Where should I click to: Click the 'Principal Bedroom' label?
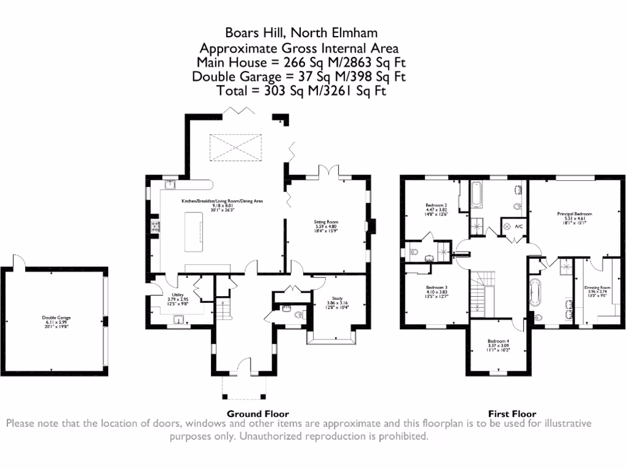[x=574, y=214]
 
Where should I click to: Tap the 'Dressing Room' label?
[x=598, y=287]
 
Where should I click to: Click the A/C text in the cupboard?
[x=518, y=227]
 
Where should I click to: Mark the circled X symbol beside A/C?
[x=506, y=227]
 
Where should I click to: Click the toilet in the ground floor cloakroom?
[x=298, y=315]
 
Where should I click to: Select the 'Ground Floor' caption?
[x=257, y=413]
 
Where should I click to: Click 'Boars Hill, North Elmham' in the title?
[x=301, y=33]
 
